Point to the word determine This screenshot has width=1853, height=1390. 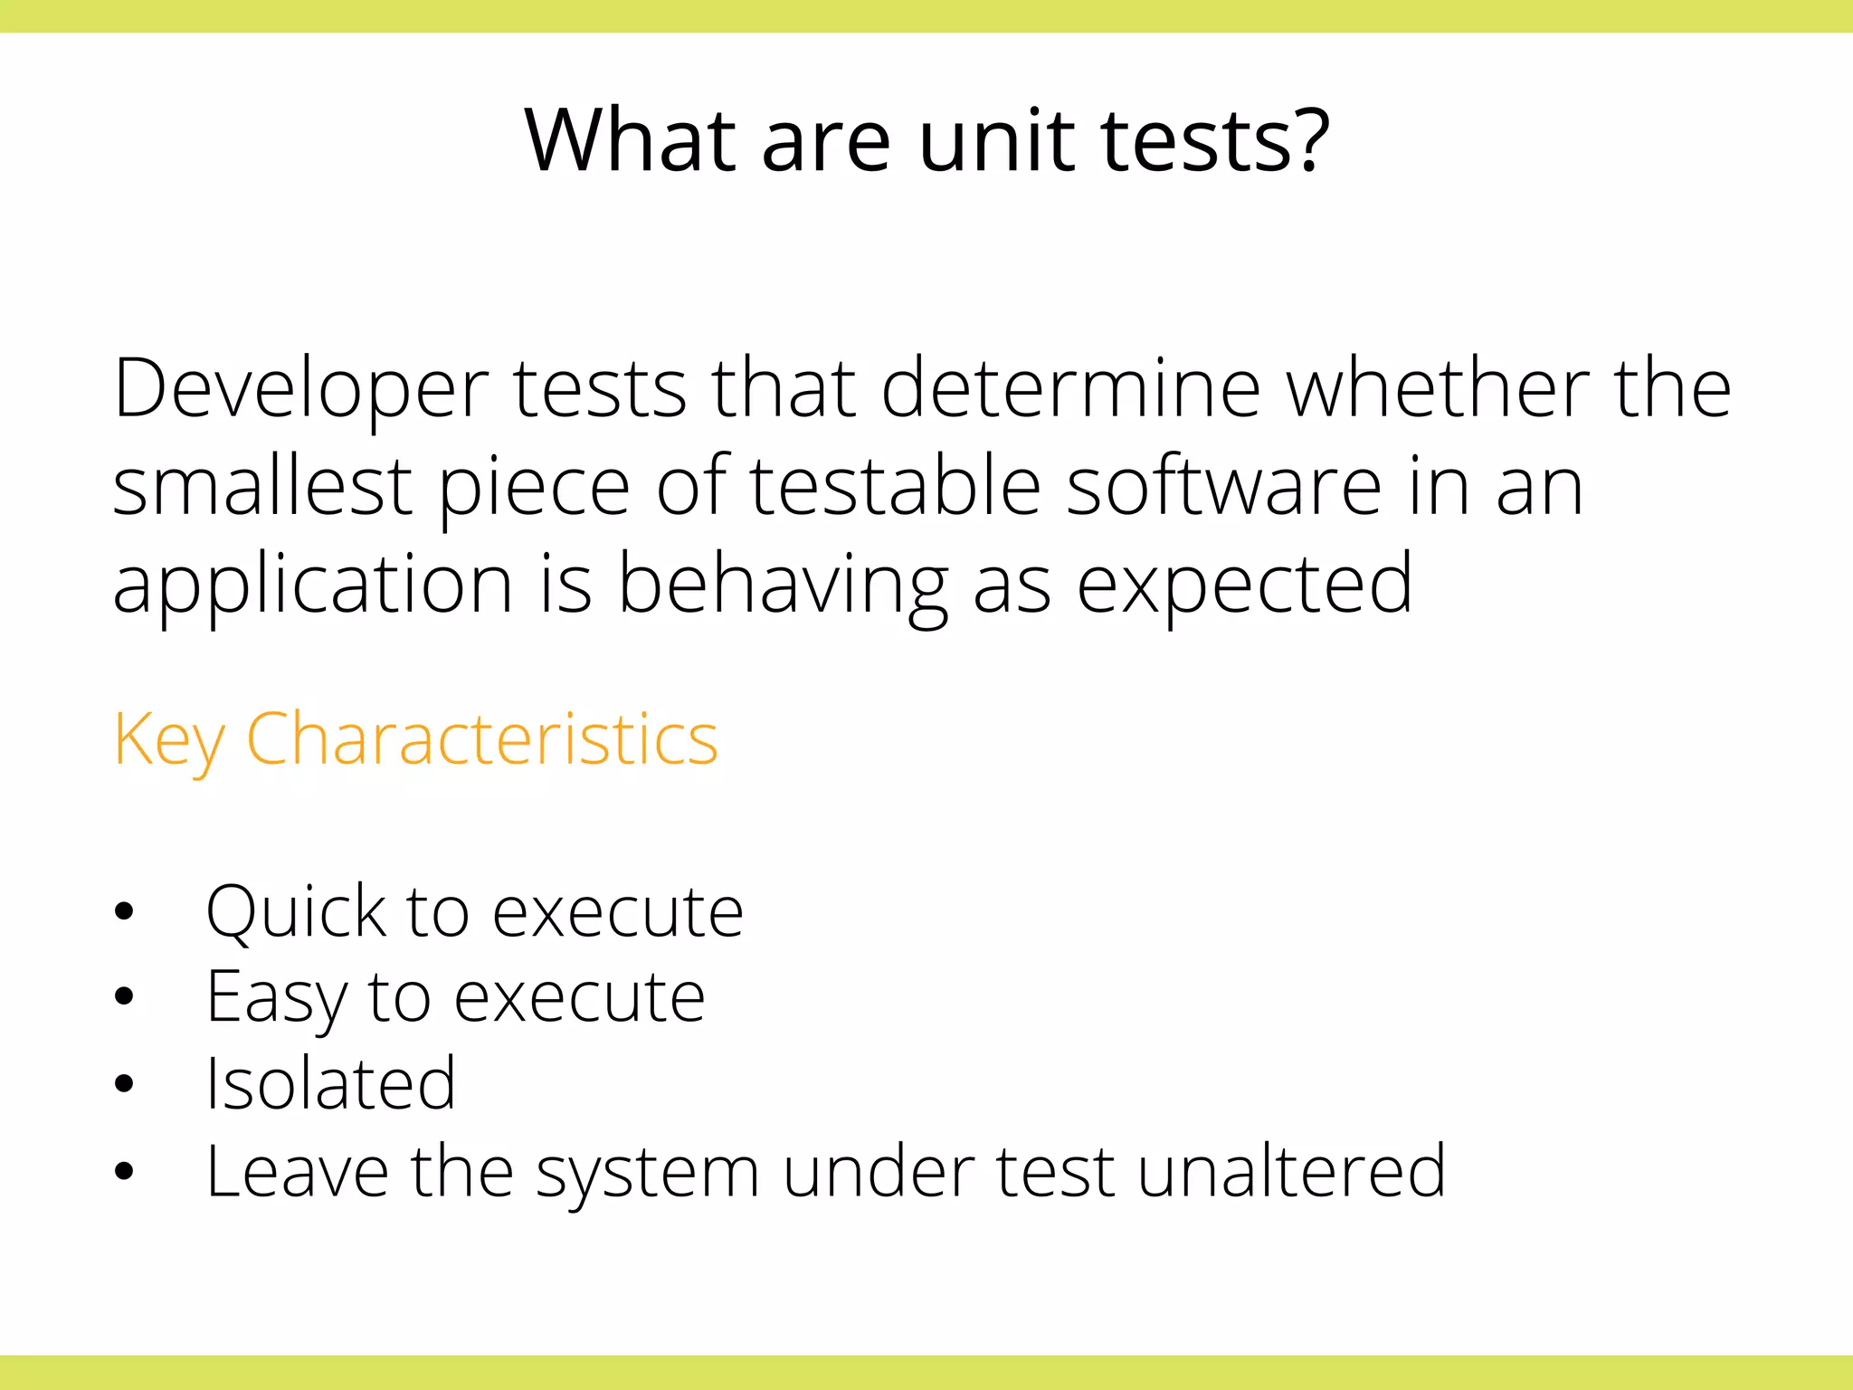pyautogui.click(x=1070, y=389)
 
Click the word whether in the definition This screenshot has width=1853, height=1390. pyautogui.click(x=1438, y=389)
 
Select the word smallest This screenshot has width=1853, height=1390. pyautogui.click(x=262, y=487)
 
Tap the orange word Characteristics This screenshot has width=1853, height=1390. pyautogui.click(x=481, y=740)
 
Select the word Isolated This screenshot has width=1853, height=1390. pyautogui.click(x=331, y=1084)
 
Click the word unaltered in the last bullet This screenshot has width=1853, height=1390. pyautogui.click(x=1291, y=1171)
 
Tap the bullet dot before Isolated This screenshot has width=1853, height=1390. pyautogui.click(x=125, y=1084)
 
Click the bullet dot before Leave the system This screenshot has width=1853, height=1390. pyautogui.click(x=125, y=1172)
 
